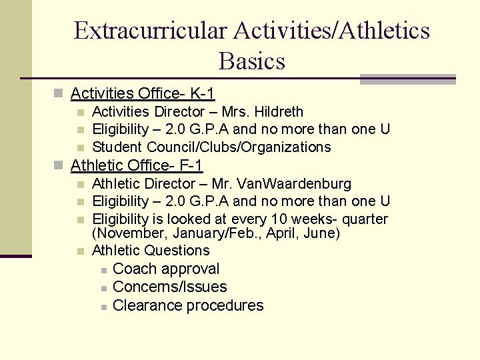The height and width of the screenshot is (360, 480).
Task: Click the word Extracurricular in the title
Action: tap(152, 31)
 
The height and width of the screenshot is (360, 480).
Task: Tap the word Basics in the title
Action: tap(251, 61)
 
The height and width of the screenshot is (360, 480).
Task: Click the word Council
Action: tap(172, 147)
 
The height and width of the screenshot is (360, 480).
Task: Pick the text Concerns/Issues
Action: tap(170, 287)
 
